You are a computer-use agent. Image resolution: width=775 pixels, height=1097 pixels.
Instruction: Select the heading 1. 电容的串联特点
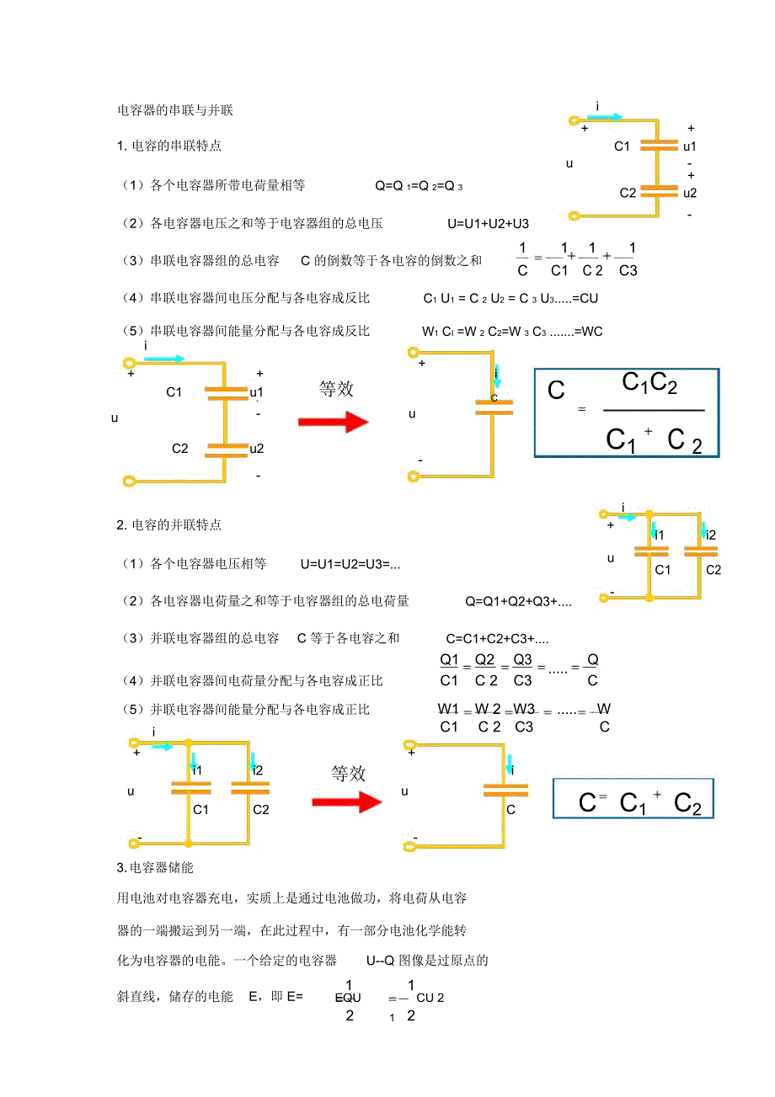tap(169, 146)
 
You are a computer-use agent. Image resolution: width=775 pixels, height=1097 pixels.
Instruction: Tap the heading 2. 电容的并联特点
tap(169, 525)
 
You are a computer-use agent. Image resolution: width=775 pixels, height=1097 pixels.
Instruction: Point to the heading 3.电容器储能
tap(156, 867)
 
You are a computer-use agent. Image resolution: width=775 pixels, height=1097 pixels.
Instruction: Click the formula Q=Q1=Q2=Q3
tap(419, 185)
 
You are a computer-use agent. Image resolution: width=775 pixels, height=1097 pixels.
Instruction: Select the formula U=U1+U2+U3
tap(488, 223)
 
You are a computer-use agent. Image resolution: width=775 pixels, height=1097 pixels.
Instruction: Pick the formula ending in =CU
tap(510, 298)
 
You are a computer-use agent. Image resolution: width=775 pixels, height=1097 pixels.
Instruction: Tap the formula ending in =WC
tap(512, 332)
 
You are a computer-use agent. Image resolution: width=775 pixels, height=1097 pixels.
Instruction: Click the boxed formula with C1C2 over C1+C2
tap(627, 413)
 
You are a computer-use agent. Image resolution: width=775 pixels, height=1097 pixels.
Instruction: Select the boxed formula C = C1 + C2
tap(633, 797)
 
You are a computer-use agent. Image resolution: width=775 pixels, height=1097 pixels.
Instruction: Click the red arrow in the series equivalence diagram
tap(334, 421)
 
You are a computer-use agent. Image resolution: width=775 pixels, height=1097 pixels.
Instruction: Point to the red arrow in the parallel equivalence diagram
tap(346, 802)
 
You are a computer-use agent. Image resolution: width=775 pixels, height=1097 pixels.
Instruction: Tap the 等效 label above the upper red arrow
tap(336, 389)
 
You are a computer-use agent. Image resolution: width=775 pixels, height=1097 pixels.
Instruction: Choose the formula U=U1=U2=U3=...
tap(350, 563)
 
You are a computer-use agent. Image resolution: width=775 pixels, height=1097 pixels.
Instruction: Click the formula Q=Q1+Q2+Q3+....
tap(518, 601)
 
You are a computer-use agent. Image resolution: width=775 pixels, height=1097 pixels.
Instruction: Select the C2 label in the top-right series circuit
tap(628, 193)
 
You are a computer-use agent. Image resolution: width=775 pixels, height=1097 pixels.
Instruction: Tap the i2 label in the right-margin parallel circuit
tap(711, 535)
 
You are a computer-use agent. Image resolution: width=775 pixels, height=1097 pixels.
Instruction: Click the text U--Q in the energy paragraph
tap(380, 961)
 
